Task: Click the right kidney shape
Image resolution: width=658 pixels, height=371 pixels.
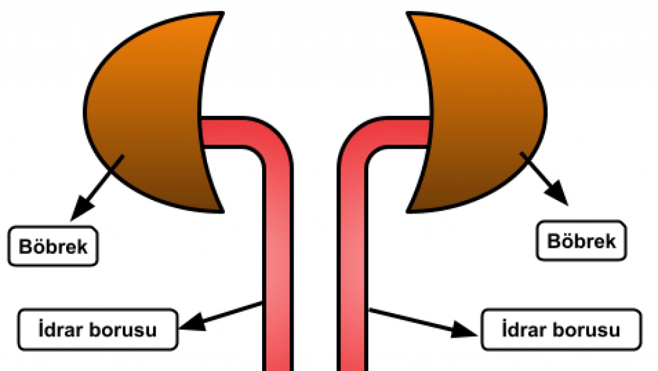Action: point(488,109)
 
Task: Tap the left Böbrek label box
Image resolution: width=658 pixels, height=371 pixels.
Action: point(53,246)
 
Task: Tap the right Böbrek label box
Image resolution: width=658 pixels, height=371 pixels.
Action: point(582,241)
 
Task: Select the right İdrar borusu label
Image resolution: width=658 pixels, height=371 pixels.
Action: point(560,330)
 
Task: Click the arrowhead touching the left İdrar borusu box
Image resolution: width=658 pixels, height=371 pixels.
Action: point(189,323)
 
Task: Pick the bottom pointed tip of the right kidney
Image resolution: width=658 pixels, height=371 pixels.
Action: point(409,210)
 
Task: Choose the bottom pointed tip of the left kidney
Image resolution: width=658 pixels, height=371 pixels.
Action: point(222,210)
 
